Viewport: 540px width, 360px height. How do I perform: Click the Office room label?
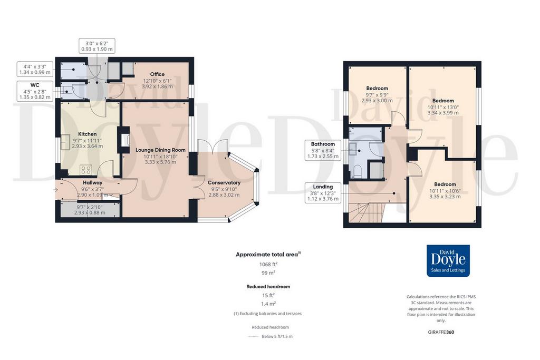click(157, 74)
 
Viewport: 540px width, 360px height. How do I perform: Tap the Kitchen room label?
click(87, 134)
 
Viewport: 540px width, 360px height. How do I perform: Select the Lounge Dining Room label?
click(160, 150)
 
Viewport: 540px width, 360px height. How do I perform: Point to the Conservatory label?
click(224, 182)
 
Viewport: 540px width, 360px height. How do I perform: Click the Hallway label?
click(92, 183)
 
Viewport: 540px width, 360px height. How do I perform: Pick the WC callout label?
click(35, 85)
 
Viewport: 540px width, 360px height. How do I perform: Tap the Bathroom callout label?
click(323, 144)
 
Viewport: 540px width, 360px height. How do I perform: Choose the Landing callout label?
click(323, 187)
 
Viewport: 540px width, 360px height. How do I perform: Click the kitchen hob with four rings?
click(86, 170)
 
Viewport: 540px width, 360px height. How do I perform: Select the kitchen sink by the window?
click(65, 142)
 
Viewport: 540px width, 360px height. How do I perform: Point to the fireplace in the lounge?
click(124, 140)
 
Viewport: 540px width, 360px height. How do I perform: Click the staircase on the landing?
click(366, 213)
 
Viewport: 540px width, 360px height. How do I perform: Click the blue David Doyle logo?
click(448, 261)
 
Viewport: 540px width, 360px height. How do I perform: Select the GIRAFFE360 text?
click(441, 332)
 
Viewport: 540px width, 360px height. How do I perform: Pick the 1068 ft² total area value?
click(268, 264)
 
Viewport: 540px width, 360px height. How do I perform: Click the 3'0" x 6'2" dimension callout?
click(97, 46)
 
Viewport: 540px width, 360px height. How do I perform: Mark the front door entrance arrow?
click(55, 190)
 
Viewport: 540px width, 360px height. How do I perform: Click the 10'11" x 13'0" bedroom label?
click(443, 106)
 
